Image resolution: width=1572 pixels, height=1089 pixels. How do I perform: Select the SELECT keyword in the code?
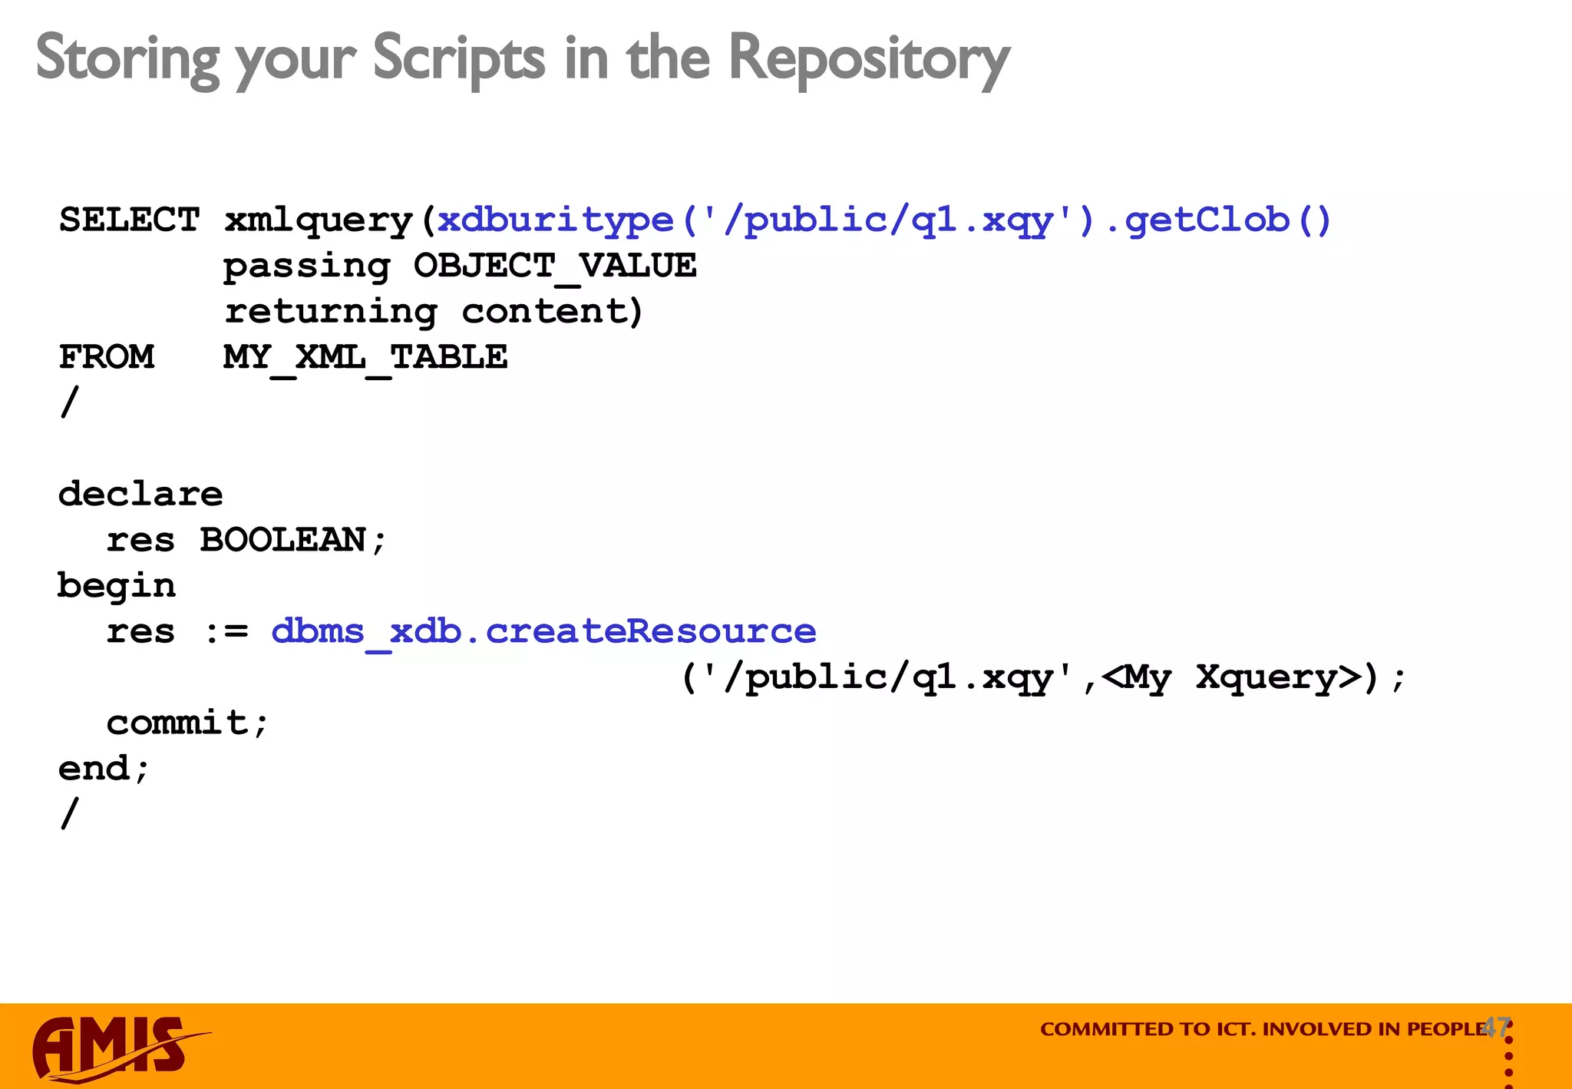(129, 220)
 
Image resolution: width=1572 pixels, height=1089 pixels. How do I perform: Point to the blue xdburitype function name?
(555, 220)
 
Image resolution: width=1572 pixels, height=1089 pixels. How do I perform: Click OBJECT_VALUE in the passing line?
(554, 266)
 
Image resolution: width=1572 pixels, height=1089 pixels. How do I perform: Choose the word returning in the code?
(331, 312)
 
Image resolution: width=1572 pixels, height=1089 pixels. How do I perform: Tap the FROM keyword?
(106, 357)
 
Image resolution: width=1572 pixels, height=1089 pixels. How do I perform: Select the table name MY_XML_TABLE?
(365, 358)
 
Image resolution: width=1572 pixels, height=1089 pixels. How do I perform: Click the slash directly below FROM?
(69, 402)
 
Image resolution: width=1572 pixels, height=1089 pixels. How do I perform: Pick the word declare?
(140, 494)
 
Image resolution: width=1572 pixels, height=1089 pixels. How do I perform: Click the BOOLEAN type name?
(282, 540)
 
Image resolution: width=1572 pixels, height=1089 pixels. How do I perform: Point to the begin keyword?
(117, 586)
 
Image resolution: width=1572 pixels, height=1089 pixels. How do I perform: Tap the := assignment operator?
(227, 632)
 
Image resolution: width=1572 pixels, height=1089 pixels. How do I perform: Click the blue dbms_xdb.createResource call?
(543, 632)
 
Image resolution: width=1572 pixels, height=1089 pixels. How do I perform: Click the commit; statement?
(187, 723)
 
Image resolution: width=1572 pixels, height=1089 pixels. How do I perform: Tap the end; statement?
(104, 769)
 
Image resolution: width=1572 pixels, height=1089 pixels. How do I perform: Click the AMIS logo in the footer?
(115, 1048)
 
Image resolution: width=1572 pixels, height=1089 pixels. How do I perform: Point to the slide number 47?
(1496, 1027)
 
